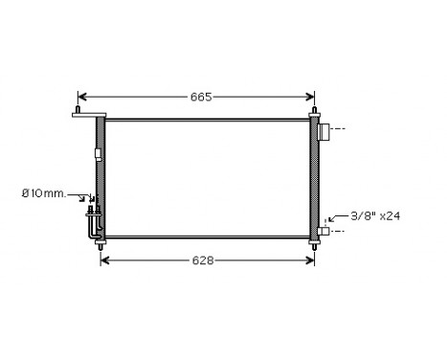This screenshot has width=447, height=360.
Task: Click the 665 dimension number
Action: (x=199, y=97)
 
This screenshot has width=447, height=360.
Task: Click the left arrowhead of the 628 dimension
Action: (x=104, y=259)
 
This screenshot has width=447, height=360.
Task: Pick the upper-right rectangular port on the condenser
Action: (x=324, y=130)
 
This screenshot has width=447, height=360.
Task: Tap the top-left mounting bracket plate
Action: (x=87, y=116)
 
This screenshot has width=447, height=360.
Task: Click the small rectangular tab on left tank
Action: (x=97, y=153)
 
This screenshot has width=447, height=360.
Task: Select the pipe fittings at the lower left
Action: (x=92, y=217)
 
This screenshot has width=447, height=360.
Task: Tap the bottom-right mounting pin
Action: (x=313, y=245)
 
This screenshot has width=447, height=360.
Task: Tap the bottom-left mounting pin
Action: (x=101, y=245)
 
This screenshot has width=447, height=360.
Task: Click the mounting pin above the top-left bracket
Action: (x=77, y=109)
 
